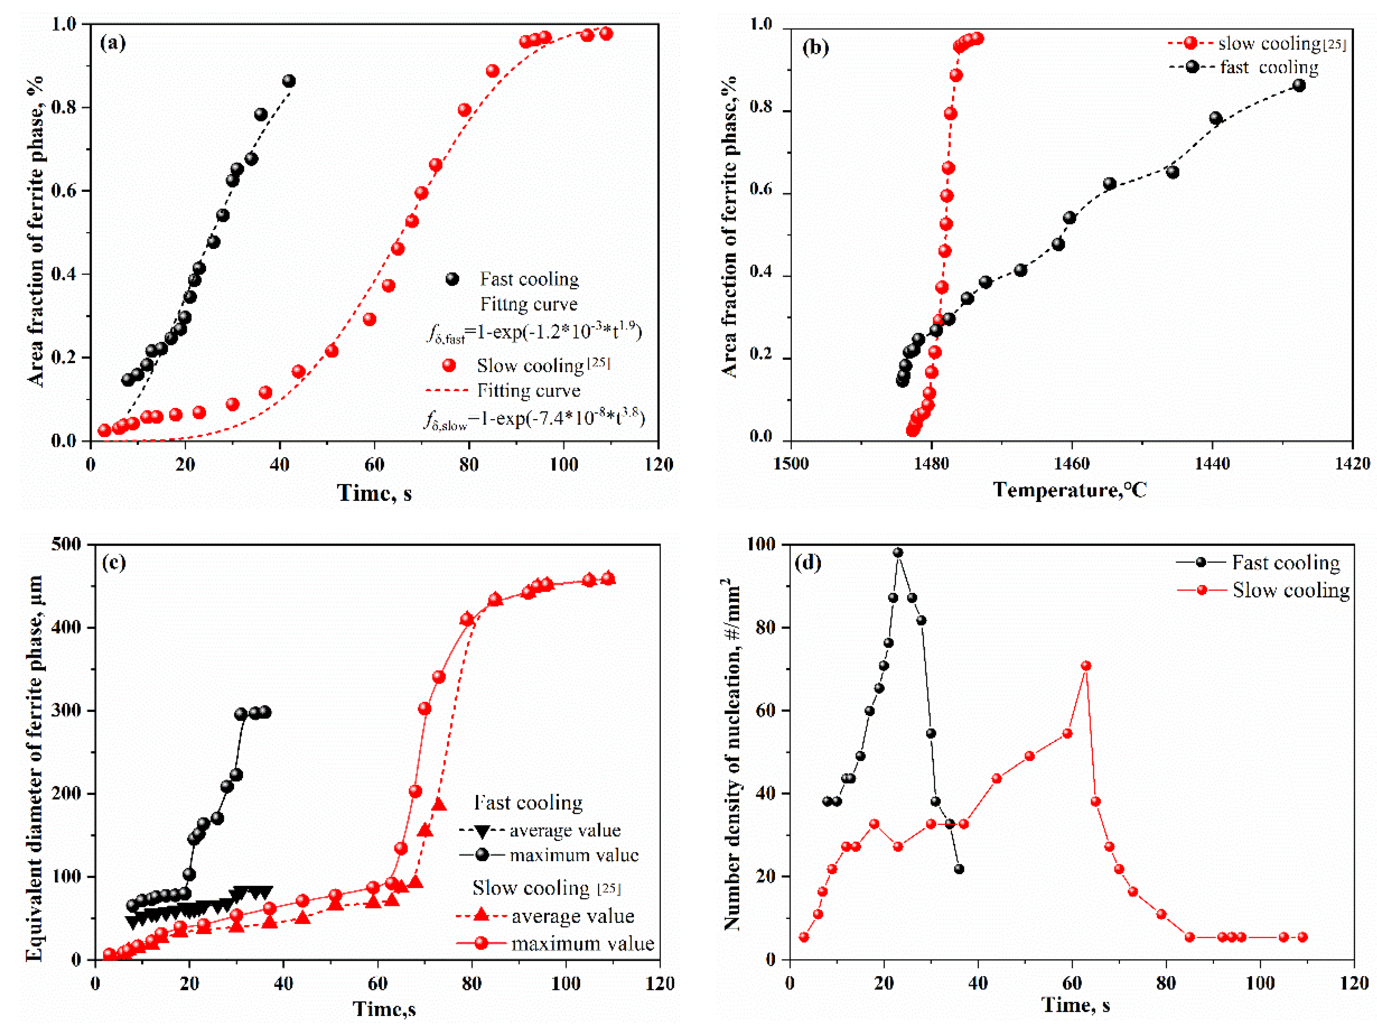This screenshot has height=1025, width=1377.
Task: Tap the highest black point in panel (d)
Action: point(897,552)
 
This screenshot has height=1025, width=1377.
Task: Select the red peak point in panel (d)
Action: point(1085,666)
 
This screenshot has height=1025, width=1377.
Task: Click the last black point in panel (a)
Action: point(288,81)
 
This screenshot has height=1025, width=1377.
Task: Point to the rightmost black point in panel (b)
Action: point(1299,85)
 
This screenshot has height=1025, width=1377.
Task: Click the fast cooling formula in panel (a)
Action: point(534,333)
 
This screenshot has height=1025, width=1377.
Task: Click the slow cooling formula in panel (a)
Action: point(534,419)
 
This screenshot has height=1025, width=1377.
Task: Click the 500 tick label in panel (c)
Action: point(67,545)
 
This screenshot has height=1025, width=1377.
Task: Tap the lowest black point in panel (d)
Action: point(959,868)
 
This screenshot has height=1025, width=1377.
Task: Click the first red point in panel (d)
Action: point(804,937)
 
